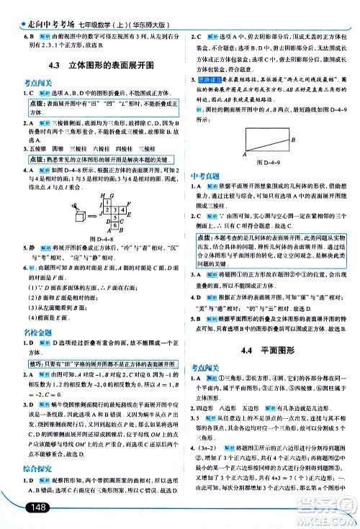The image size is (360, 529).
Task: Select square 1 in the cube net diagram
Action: tap(107, 202)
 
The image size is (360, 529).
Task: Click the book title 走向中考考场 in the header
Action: tap(39, 8)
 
